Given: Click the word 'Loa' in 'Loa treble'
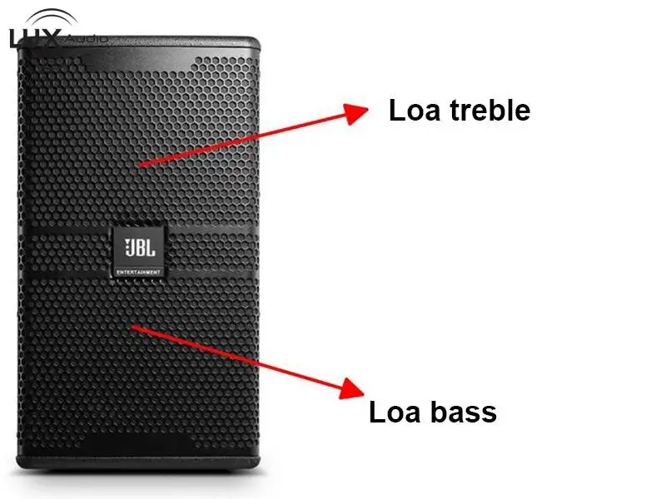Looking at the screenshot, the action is tap(414, 111).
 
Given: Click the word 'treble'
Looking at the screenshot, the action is tap(490, 111).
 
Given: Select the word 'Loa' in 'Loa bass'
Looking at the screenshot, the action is tap(395, 412).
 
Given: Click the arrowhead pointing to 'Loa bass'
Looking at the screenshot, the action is tap(351, 388).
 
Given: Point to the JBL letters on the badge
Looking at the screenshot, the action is tap(140, 248).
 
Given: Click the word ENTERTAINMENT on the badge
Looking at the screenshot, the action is tap(138, 272).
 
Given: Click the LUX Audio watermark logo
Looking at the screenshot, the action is tap(57, 29).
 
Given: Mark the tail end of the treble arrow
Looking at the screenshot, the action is tap(139, 166).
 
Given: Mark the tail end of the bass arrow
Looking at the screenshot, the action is tap(132, 326).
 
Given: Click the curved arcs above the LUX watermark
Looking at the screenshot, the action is tap(52, 17).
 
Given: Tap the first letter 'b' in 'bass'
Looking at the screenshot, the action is tap(440, 411).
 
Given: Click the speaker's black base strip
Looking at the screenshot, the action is tap(138, 462).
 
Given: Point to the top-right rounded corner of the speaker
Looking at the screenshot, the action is tap(256, 41).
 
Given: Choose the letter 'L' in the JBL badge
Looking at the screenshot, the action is tap(150, 248).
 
